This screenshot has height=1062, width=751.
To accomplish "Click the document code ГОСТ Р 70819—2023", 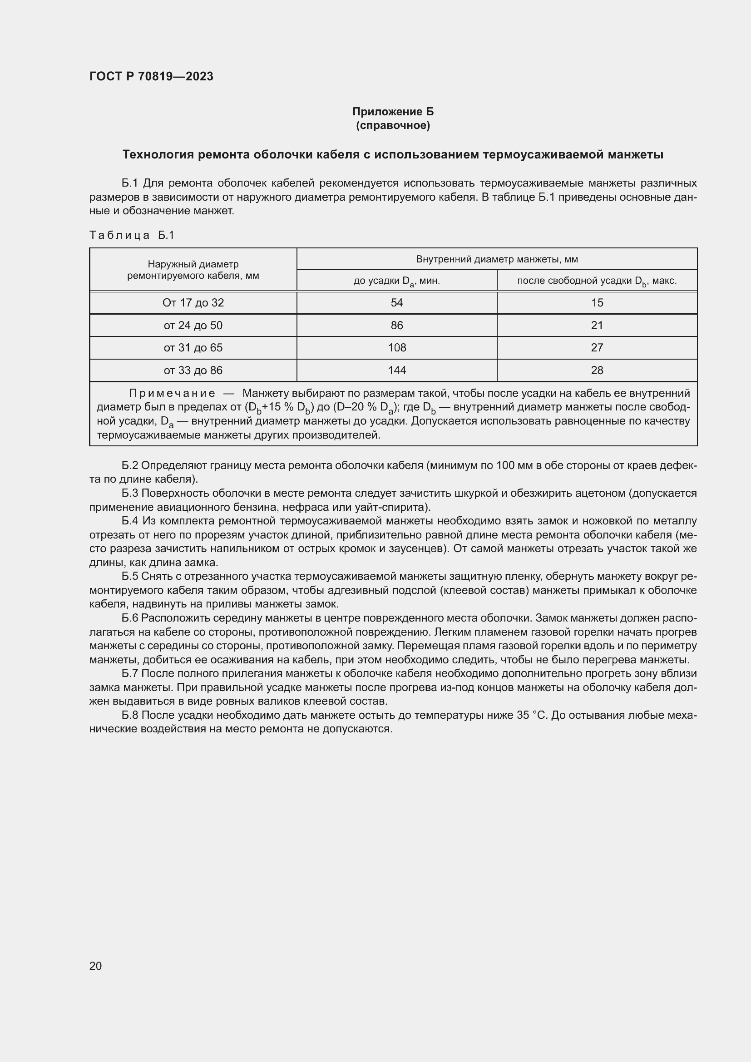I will [x=151, y=77].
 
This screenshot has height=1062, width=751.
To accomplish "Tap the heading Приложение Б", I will [x=393, y=112].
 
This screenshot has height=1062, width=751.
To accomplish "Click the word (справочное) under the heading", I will [x=393, y=125].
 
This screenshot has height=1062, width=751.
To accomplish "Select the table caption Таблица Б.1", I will [x=132, y=235].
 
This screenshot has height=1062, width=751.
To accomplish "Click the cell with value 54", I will [x=397, y=302].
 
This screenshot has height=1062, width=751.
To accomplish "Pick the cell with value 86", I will [x=397, y=325].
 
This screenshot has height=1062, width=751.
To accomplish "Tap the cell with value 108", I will [x=397, y=347].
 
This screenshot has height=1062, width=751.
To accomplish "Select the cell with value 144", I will [x=397, y=370].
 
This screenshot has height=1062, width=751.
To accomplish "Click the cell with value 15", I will [x=597, y=302].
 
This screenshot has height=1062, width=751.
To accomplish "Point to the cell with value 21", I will [x=597, y=325].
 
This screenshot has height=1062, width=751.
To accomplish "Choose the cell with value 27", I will [x=597, y=347].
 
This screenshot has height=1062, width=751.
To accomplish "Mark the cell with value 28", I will [x=597, y=370].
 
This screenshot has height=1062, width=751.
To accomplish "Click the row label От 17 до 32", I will [x=193, y=302].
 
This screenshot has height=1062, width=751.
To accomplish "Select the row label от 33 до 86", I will [x=193, y=370].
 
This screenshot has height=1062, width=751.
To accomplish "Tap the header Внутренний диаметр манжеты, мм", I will [x=497, y=259].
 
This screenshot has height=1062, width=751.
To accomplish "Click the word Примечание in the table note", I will [x=172, y=393].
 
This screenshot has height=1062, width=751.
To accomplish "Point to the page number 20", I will [x=95, y=966].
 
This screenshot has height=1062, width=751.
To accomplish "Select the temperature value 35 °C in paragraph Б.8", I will [x=532, y=715].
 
